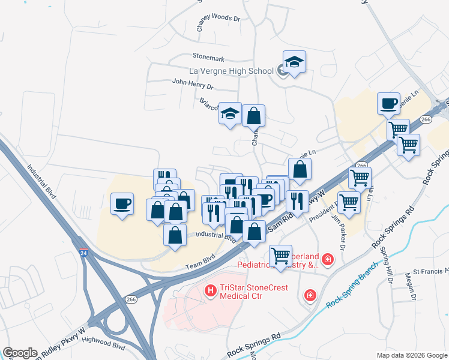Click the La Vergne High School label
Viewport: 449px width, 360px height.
click(x=231, y=71)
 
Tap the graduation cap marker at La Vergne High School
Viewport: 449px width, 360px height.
click(x=294, y=62)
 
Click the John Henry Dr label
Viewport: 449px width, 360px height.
click(x=192, y=82)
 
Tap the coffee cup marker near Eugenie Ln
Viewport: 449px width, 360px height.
click(x=389, y=104)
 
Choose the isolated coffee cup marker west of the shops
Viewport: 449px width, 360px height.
click(x=122, y=204)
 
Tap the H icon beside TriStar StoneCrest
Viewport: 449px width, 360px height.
click(x=211, y=291)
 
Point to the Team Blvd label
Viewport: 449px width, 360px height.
click(x=200, y=264)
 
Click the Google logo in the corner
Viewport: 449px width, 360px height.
click(x=20, y=353)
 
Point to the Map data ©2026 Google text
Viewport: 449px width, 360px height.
click(x=411, y=355)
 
